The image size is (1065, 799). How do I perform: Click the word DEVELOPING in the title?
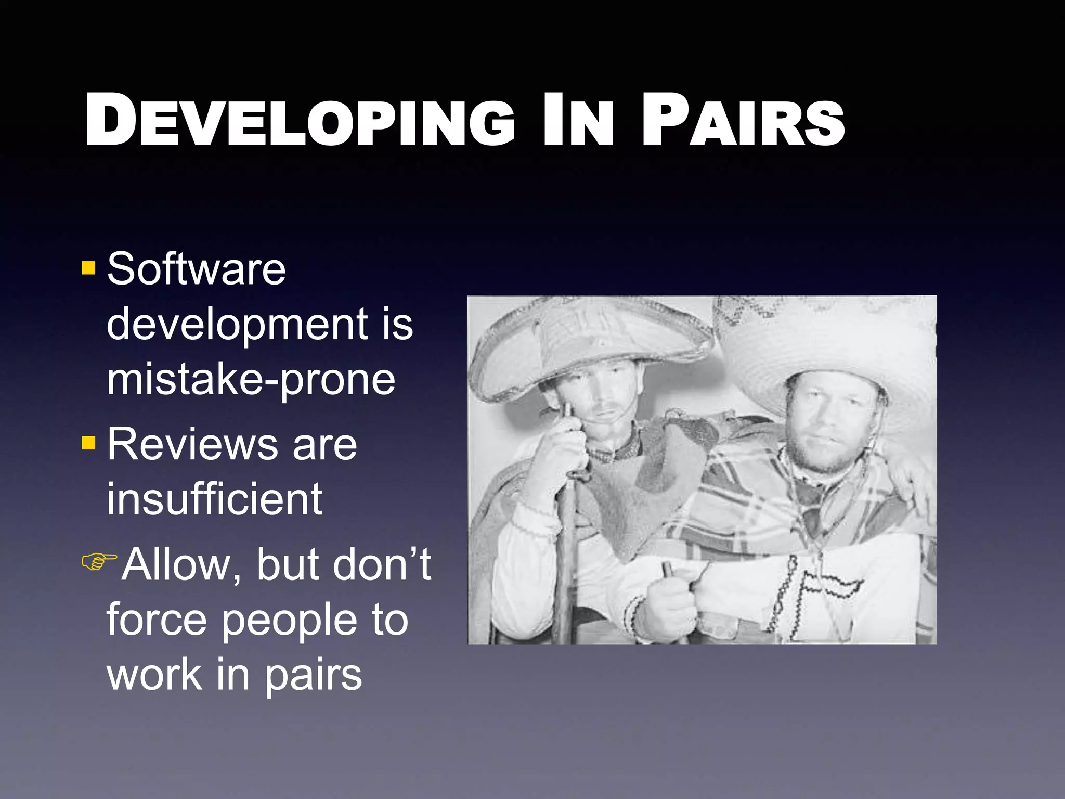[x=300, y=121]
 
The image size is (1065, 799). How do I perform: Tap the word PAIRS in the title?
[x=743, y=121]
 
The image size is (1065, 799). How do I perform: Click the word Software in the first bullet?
[x=196, y=269]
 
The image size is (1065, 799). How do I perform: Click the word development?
[x=237, y=325]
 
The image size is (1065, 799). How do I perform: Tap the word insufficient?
[x=214, y=499]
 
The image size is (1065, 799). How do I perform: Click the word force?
[x=157, y=620]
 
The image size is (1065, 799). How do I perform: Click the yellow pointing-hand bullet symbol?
[x=99, y=562]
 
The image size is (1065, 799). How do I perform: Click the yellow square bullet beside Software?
[x=89, y=268]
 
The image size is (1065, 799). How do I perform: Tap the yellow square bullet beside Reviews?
[x=89, y=443]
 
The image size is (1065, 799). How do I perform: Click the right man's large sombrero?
[x=832, y=343]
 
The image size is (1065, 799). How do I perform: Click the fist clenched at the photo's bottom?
[x=671, y=603]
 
